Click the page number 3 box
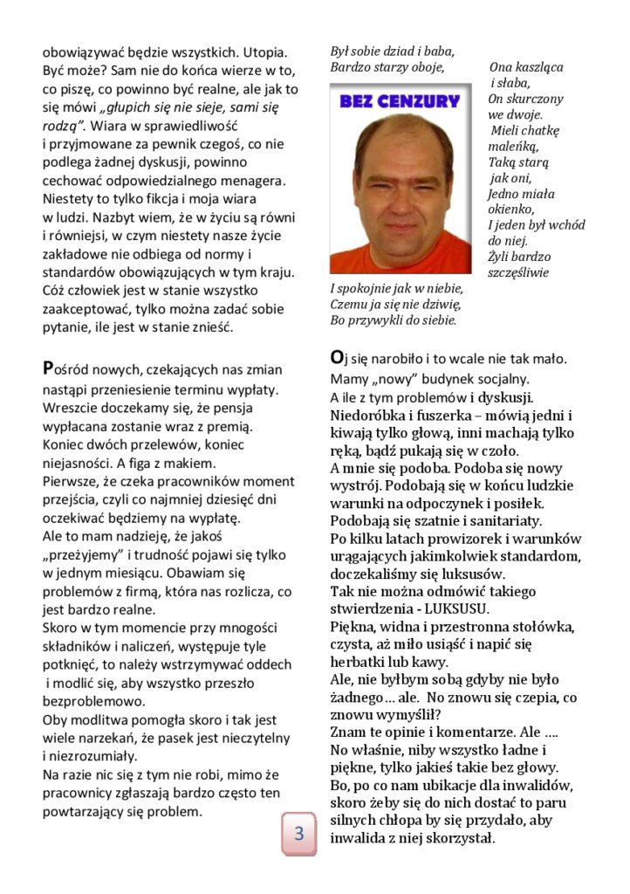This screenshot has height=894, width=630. point(298,834)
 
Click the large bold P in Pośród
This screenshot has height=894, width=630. point(49,368)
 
